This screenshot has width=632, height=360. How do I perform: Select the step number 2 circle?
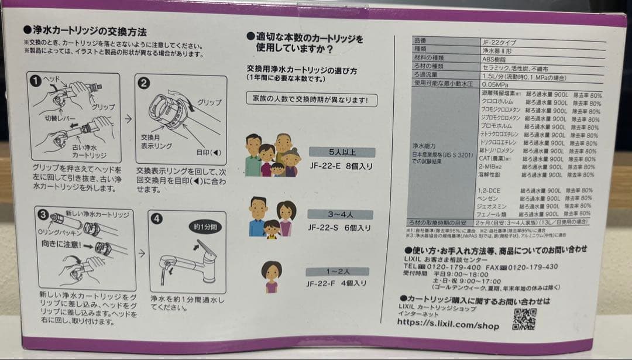click(144, 83)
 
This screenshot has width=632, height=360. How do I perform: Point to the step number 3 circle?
click(43, 214)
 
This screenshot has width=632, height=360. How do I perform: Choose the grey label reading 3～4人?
click(338, 214)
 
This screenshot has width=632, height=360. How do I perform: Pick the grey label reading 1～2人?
click(338, 272)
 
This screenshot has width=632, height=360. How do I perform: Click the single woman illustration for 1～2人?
click(271, 276)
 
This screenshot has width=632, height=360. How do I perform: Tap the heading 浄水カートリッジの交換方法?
click(84, 31)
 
